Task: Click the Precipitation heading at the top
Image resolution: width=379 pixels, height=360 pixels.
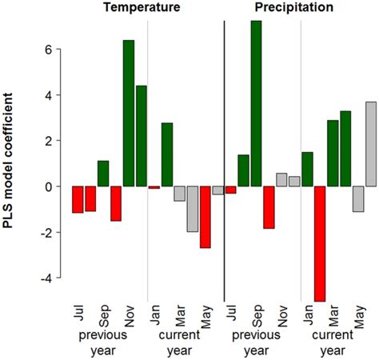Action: click(x=295, y=9)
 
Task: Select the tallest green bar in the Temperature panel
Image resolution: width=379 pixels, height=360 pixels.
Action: click(x=128, y=112)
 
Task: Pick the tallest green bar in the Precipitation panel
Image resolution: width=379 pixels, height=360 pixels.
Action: click(x=256, y=104)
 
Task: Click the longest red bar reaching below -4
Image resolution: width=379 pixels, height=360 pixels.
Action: click(x=320, y=244)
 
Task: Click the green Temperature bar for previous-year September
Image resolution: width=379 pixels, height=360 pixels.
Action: click(x=103, y=174)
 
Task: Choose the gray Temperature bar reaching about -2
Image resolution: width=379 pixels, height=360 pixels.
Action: click(x=192, y=209)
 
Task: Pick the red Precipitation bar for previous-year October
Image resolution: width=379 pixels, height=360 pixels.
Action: click(x=269, y=207)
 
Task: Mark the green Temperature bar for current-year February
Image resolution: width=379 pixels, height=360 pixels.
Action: click(x=167, y=154)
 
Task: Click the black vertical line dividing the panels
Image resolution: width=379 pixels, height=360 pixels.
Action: click(x=225, y=160)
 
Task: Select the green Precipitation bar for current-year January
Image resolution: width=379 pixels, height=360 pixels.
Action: click(x=307, y=169)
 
